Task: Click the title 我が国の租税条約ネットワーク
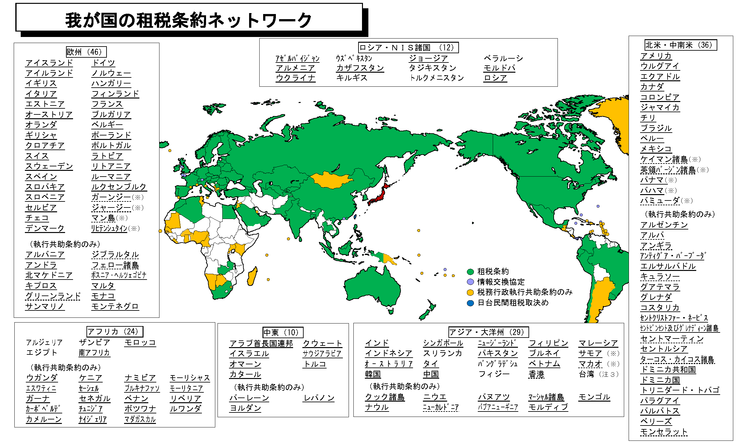188,20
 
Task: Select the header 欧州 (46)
86,52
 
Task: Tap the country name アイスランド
49,63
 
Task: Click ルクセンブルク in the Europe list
119,187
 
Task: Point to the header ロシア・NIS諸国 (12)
408,47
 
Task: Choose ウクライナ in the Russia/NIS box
295,78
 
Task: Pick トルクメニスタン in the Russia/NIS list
437,78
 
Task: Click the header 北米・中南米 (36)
680,45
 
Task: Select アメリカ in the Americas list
656,56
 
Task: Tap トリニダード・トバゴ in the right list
680,390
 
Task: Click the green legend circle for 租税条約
470,272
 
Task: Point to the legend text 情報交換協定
501,282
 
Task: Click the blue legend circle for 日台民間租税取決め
470,303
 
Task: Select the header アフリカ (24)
114,331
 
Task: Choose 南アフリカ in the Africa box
94,353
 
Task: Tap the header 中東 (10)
283,332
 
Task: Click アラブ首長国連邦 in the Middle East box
261,343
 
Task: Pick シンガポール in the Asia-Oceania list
443,343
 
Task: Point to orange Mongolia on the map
332,180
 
